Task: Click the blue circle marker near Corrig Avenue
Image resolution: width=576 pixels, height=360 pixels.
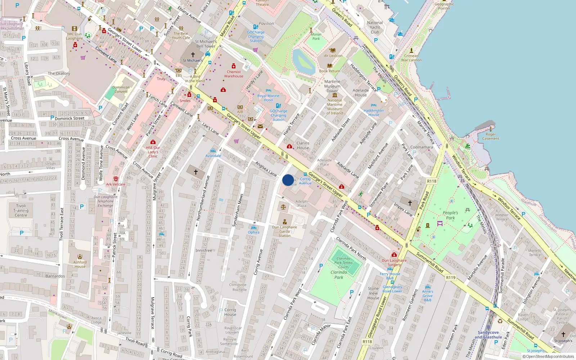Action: coord(288,180)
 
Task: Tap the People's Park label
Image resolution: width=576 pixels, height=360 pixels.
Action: coord(450,215)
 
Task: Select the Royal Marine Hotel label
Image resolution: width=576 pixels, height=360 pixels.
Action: coord(268,98)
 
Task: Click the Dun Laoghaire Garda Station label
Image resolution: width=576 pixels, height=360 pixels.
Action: coord(284,231)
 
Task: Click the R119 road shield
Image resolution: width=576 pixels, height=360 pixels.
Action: coord(451,278)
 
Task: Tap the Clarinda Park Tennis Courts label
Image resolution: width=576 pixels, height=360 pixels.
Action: coord(343,263)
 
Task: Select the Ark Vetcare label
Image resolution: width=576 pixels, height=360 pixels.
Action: coord(116,184)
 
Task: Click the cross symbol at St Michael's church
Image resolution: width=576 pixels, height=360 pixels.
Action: coord(193,55)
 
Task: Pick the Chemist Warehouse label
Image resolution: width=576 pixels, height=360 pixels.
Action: coord(234,74)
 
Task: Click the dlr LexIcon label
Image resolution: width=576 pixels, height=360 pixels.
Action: coord(333,56)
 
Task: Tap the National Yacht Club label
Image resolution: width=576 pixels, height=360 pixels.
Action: coord(375,27)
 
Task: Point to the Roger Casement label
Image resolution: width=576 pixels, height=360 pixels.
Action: coord(490,136)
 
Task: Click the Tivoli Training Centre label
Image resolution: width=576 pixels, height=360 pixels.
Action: coord(21,211)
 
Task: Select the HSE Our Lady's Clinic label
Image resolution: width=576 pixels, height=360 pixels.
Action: coord(153,152)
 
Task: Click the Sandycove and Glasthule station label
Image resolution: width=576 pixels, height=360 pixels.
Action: coord(488,335)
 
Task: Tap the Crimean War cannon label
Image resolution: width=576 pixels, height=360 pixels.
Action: coord(411,58)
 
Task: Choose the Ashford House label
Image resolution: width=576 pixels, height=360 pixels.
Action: coord(80,264)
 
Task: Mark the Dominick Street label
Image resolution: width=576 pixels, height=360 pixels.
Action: coord(69,118)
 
